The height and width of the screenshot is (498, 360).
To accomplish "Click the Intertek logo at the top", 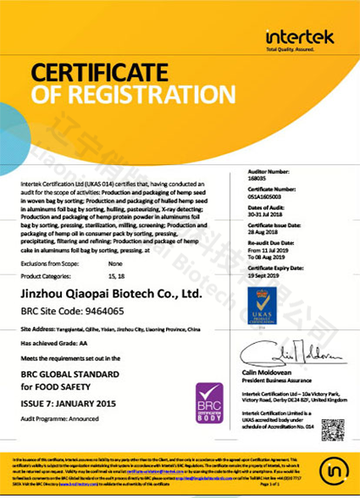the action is click(299, 38).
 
